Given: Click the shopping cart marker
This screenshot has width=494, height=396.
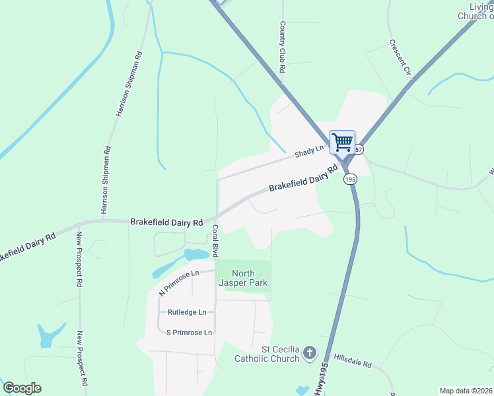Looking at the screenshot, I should point(342,142).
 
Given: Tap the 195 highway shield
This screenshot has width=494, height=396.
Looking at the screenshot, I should point(350,180).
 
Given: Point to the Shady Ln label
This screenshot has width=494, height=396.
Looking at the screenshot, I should point(309,152).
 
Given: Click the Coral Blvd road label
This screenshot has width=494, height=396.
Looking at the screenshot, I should point(215,241).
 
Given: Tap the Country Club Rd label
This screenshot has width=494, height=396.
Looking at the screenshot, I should point(282,46).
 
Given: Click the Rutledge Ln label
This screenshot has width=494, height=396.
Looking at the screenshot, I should point(187,312).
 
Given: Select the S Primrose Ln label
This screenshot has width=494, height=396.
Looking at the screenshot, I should point(189,333).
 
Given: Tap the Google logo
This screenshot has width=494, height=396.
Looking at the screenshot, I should point(22,388).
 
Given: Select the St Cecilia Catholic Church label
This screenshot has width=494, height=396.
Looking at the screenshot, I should point(267,354).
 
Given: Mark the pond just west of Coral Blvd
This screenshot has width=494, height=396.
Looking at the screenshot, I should point(196,255).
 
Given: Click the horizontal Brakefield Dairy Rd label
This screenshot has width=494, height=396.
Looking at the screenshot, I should point(166,223).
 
